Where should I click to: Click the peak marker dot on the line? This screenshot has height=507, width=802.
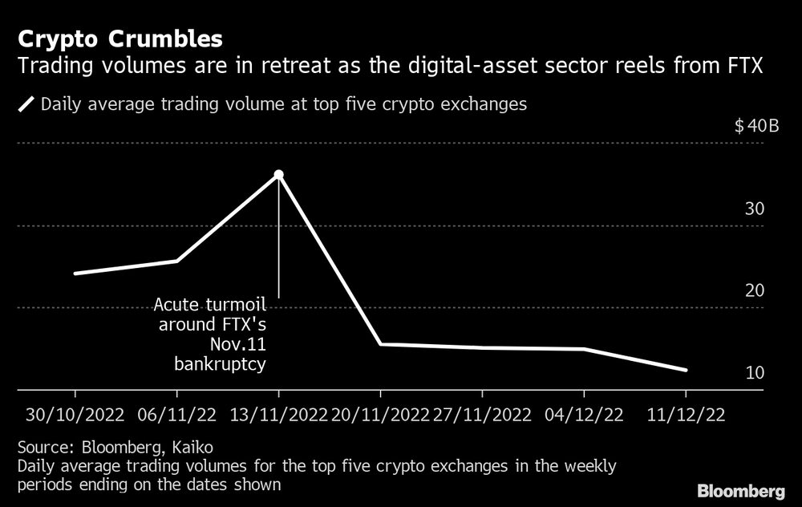[278, 174]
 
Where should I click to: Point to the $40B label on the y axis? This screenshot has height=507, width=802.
[756, 127]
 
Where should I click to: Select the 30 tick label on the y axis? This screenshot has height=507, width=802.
[755, 209]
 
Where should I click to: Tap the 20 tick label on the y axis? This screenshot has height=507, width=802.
[755, 291]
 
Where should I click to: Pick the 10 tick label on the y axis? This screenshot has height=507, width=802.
[755, 373]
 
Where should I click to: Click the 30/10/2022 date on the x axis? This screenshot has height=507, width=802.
[75, 415]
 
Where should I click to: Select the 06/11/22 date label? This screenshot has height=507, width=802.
[176, 415]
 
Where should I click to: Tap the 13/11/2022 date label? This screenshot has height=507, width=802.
[278, 415]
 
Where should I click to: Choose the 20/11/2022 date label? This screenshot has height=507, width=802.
[380, 415]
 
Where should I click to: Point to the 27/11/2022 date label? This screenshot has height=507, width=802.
[482, 415]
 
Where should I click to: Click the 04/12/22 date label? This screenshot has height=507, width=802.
[584, 415]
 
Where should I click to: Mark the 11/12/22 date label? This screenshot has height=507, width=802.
[686, 415]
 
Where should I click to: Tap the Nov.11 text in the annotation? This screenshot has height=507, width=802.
[241, 345]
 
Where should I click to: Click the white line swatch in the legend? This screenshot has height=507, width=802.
[26, 104]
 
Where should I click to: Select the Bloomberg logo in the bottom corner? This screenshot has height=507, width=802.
[741, 490]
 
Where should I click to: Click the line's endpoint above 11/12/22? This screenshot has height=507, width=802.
[686, 370]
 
